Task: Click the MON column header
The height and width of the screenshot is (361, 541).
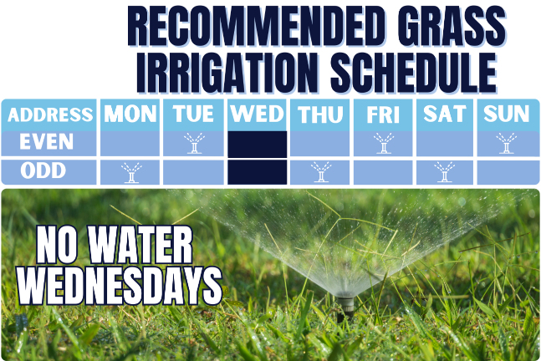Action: (x=130, y=114)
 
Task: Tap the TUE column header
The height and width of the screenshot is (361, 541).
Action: (x=193, y=114)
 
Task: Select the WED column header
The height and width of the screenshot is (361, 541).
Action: (x=257, y=114)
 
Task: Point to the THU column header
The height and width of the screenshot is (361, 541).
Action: (x=320, y=114)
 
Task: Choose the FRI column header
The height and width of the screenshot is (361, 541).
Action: (x=383, y=114)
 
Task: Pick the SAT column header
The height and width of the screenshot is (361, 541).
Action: (x=445, y=114)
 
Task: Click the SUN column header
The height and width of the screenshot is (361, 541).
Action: (x=507, y=114)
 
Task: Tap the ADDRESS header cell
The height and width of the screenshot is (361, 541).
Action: (x=49, y=114)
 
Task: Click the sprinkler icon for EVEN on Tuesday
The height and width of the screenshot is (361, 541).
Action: (x=194, y=143)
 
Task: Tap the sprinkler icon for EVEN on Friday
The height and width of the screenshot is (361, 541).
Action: (x=384, y=143)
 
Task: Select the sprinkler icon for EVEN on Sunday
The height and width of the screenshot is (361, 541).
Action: (x=507, y=143)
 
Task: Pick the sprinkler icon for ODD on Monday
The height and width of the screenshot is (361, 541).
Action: (x=131, y=172)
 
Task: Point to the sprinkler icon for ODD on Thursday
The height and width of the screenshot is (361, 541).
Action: (x=321, y=171)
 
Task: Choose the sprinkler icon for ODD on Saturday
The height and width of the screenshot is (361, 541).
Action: (x=445, y=171)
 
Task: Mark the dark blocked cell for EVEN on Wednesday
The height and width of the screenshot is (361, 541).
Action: (x=257, y=144)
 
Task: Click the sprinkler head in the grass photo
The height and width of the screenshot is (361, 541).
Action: (x=345, y=307)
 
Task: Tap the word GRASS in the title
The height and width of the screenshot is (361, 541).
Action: (x=452, y=28)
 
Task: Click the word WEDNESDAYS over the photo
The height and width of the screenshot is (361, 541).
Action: (x=120, y=286)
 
